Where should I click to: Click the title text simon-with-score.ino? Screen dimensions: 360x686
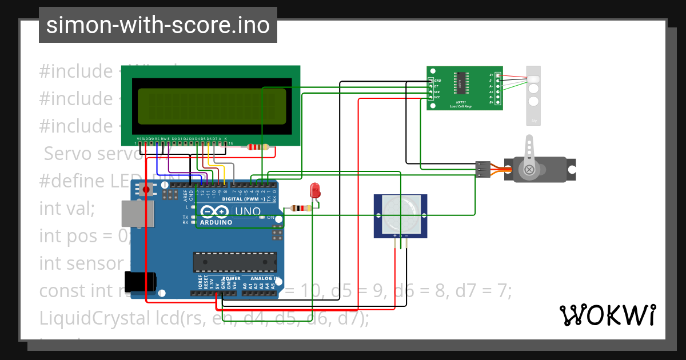tap(158, 25)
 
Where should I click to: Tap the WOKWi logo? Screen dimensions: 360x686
tap(607, 315)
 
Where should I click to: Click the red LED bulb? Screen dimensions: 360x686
tap(314, 191)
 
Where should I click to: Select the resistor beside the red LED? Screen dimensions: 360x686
tap(301, 208)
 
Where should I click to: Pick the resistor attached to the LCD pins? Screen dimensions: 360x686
tap(258, 147)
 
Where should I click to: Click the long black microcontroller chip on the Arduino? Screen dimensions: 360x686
tap(234, 262)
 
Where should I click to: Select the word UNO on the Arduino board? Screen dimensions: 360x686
tap(247, 211)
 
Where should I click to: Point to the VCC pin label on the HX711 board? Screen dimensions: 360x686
tap(437, 98)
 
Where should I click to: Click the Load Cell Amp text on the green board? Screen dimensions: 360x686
tap(461, 106)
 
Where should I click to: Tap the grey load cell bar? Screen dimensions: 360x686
tap(533, 94)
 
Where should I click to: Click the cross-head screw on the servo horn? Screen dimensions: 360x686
tap(530, 170)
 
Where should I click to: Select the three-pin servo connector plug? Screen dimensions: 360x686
tap(482, 169)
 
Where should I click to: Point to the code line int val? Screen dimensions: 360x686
tap(67, 208)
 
